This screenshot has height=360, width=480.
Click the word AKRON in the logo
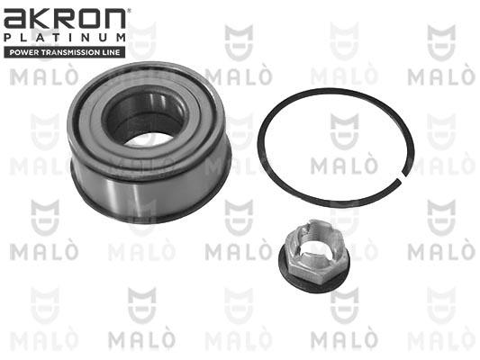coord(65,19)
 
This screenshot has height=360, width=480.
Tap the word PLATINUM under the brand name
coord(65,38)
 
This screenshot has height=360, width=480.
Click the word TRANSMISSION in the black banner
coord(73,52)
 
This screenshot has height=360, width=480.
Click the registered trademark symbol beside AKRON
coord(129,11)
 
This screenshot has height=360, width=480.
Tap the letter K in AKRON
coord(41,19)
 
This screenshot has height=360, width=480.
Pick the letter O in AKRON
coord(89,19)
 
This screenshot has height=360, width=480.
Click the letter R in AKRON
coord(64,19)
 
